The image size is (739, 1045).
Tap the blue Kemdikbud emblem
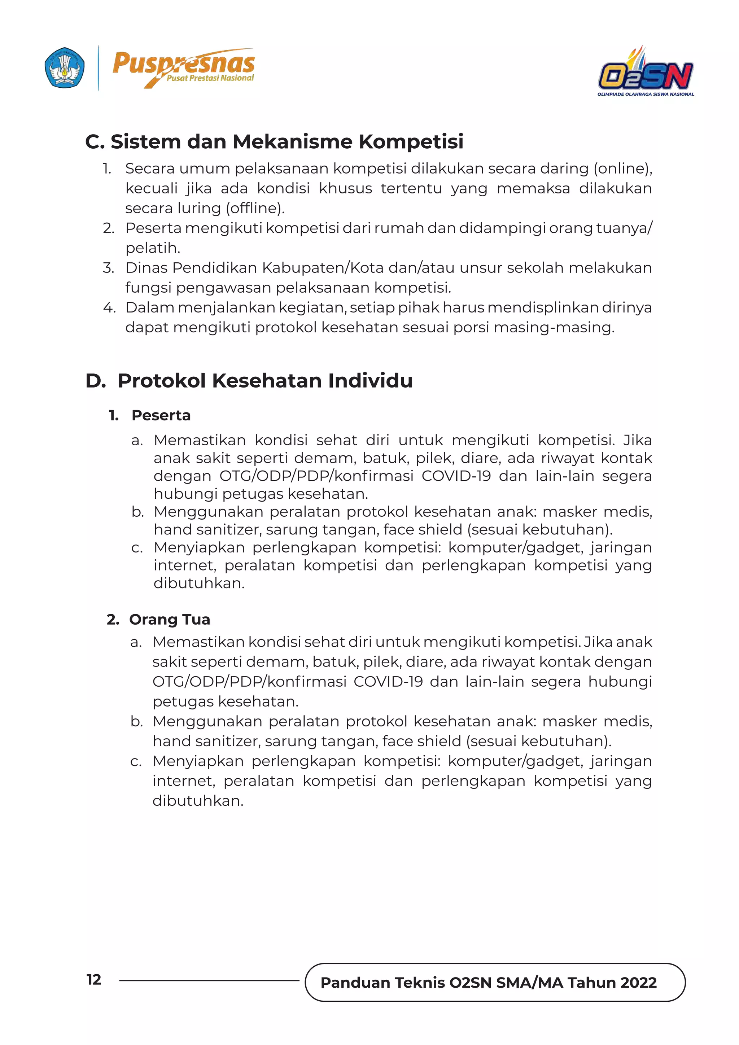[x=65, y=68]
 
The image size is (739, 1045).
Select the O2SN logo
[x=645, y=73]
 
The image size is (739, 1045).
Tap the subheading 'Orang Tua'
[x=169, y=620]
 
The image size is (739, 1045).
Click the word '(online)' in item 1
[x=622, y=169]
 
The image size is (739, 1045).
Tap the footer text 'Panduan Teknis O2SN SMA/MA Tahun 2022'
[x=488, y=983]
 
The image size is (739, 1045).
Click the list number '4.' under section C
[x=109, y=308]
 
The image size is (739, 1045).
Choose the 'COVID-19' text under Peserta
[x=456, y=476]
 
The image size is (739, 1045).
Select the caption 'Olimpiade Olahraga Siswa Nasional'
[x=645, y=94]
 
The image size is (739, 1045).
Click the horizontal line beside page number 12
[x=209, y=980]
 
